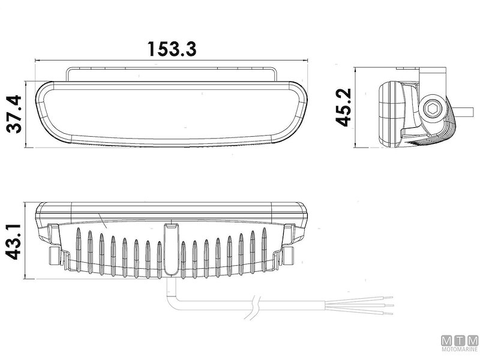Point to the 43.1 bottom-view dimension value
point(13,241)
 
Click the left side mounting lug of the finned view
point(55,256)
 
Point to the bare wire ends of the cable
point(384,305)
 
